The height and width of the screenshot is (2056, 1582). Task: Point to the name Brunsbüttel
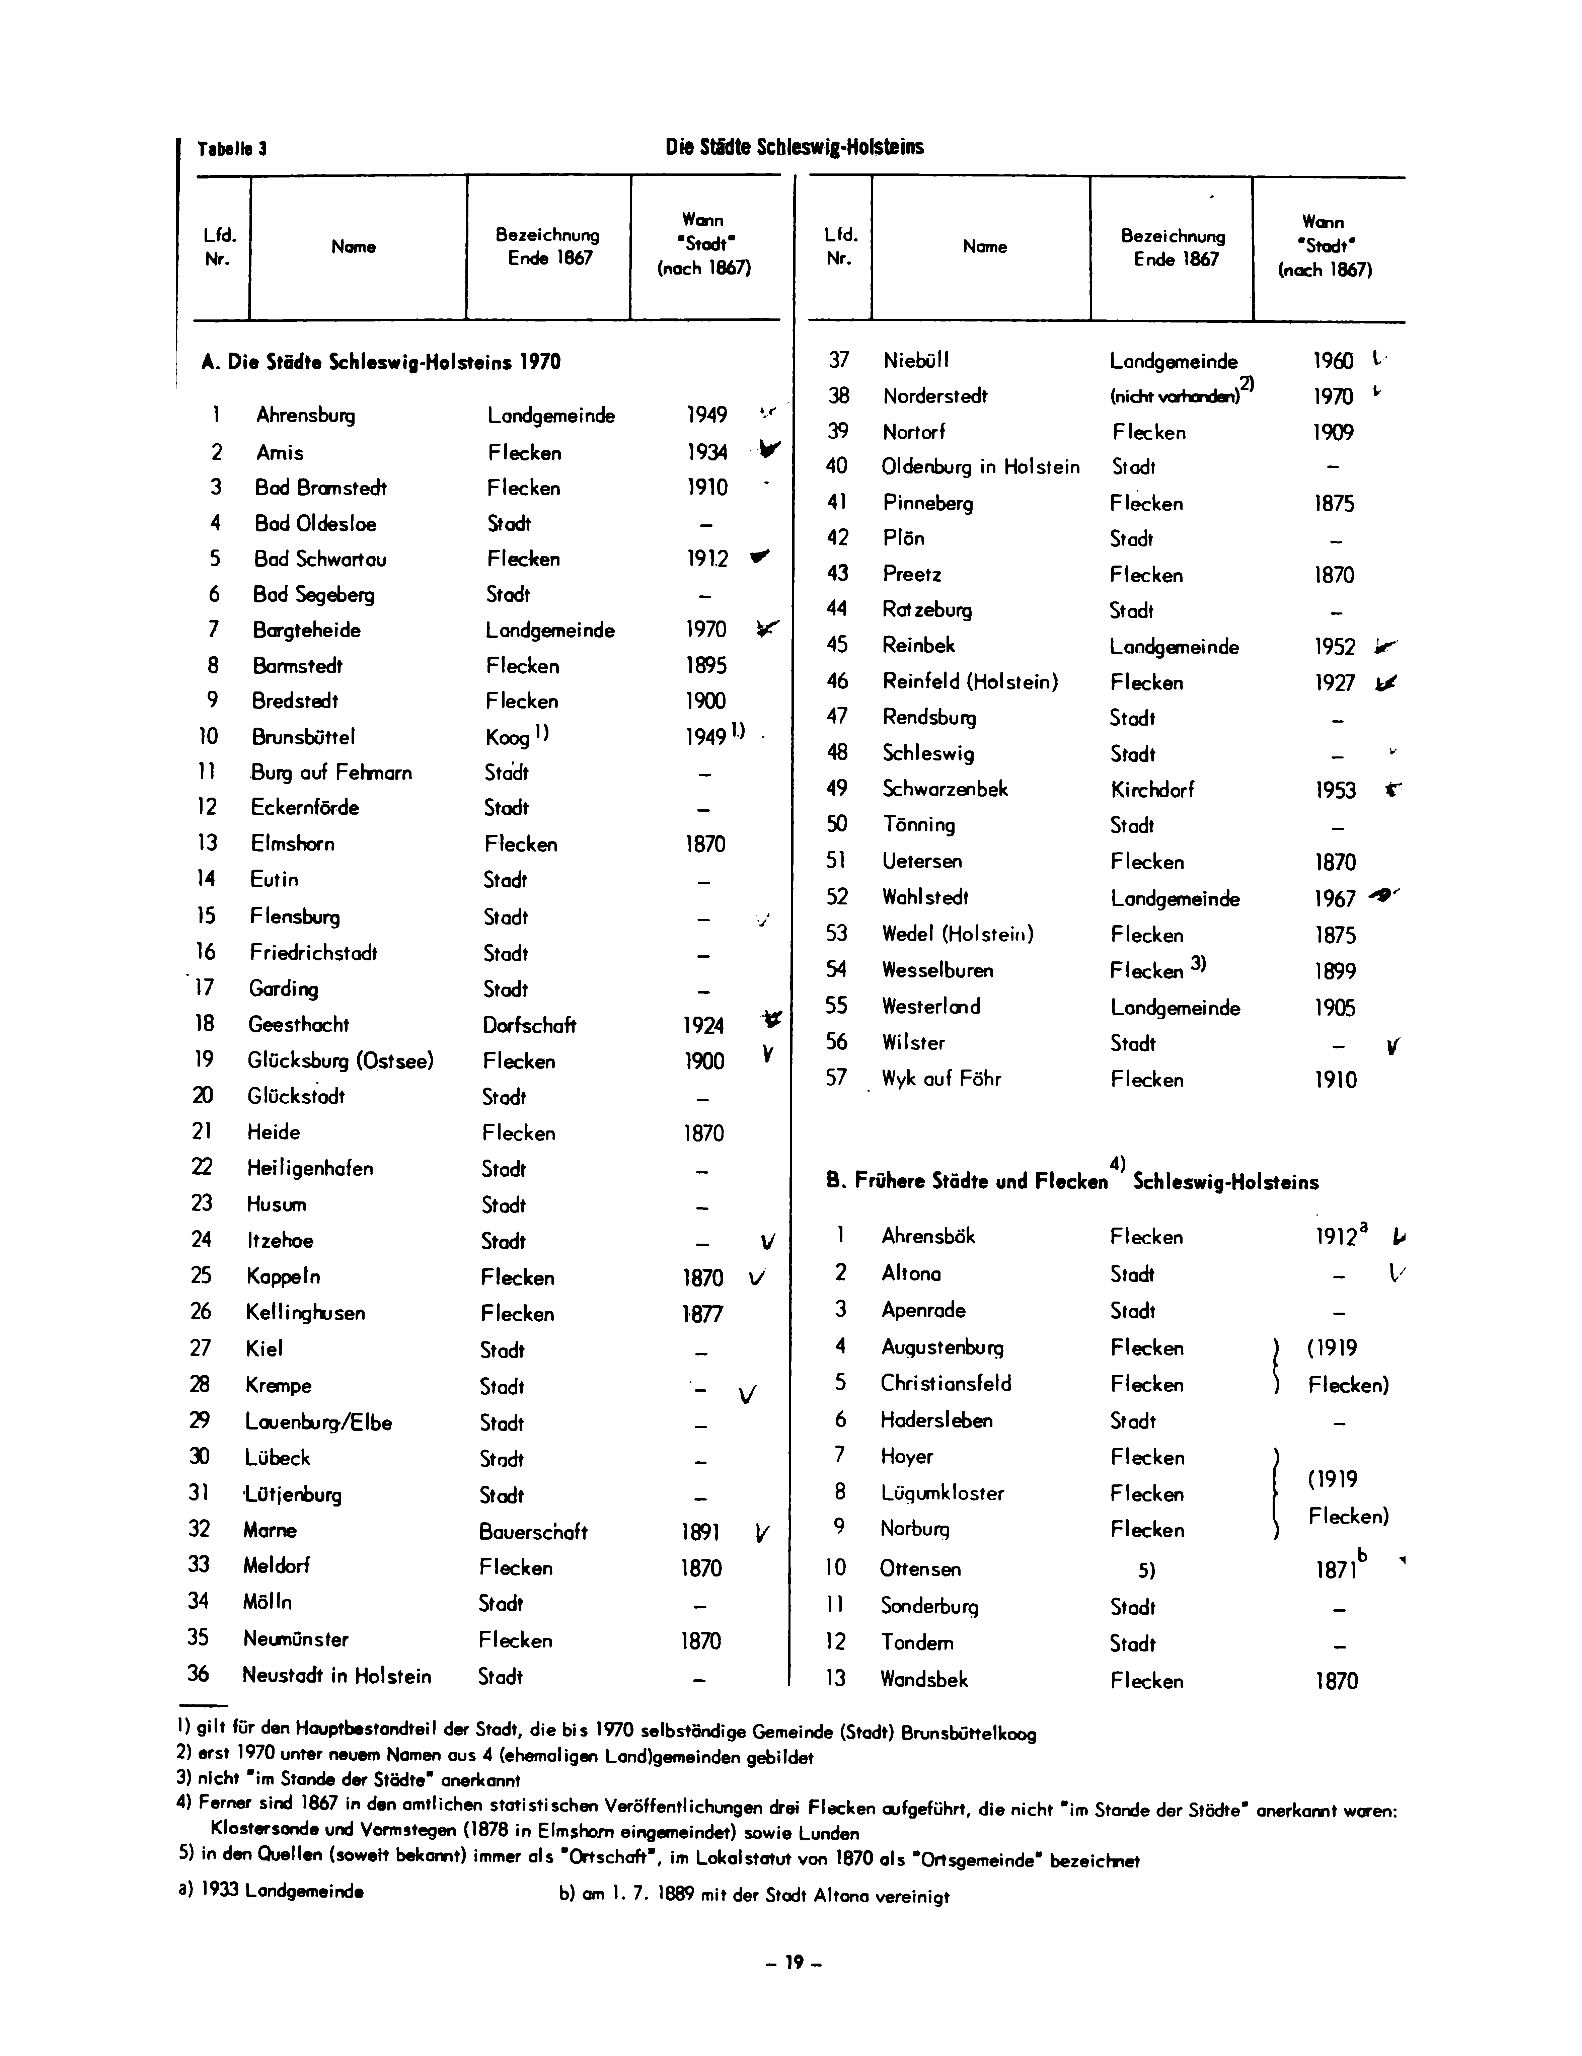point(303,737)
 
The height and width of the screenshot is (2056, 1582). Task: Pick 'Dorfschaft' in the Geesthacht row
point(529,1025)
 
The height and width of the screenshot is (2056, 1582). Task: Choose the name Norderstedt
point(934,396)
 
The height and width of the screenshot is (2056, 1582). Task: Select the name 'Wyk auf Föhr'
point(941,1079)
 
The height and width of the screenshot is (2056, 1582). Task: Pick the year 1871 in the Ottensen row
point(1335,1570)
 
